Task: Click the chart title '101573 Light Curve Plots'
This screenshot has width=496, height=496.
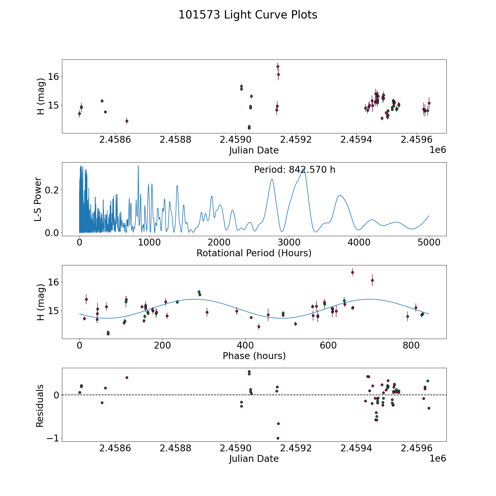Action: pyautogui.click(x=248, y=15)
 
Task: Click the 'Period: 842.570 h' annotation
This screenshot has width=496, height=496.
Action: pyautogui.click(x=295, y=170)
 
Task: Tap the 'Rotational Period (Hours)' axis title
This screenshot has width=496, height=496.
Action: pyautogui.click(x=254, y=253)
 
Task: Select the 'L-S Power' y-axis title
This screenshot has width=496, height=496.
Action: pyautogui.click(x=38, y=199)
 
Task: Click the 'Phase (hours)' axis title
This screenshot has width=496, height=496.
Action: pyautogui.click(x=254, y=356)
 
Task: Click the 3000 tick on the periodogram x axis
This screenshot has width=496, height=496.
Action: pyautogui.click(x=289, y=242)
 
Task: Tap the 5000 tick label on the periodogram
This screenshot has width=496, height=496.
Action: pyautogui.click(x=429, y=242)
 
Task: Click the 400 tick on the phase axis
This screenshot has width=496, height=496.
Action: pyautogui.click(x=245, y=345)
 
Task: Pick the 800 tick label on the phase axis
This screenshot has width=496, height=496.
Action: pyautogui.click(x=411, y=345)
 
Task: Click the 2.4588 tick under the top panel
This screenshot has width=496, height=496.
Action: pyautogui.click(x=175, y=140)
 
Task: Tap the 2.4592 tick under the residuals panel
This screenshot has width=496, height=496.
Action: pyautogui.click(x=296, y=448)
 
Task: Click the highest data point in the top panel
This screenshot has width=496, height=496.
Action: pyautogui.click(x=278, y=66)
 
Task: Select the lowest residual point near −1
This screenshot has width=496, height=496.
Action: pyautogui.click(x=278, y=438)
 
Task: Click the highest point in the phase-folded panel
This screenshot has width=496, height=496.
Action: pyautogui.click(x=352, y=272)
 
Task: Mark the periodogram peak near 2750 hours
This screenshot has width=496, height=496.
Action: pyautogui.click(x=272, y=179)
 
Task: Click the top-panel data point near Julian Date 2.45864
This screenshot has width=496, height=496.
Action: pyautogui.click(x=127, y=121)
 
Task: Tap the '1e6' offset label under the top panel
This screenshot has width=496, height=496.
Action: pyautogui.click(x=438, y=150)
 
